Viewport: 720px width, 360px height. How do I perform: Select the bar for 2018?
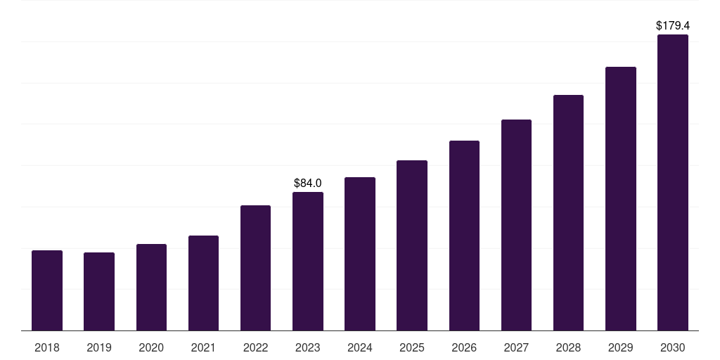(47, 290)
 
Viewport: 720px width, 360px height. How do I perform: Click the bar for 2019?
(99, 292)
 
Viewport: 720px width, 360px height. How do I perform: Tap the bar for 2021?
(203, 283)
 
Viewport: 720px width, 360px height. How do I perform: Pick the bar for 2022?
(255, 268)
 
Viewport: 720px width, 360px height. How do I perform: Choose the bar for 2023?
(308, 262)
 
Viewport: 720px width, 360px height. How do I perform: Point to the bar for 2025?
(412, 245)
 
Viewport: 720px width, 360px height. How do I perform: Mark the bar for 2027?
(516, 225)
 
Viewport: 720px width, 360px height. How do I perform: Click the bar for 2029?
(620, 199)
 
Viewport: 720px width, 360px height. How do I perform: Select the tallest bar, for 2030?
(672, 183)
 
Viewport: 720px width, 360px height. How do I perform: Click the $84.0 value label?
(308, 184)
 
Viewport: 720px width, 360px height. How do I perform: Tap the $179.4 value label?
(672, 26)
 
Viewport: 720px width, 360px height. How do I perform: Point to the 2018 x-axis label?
(47, 348)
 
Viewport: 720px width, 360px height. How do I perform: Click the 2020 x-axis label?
(151, 348)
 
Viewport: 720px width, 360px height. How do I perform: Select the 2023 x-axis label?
(308, 348)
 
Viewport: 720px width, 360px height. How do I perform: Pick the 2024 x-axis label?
(360, 348)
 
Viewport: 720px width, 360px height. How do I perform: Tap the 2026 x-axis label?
(464, 348)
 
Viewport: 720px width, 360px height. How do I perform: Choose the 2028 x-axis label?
(568, 348)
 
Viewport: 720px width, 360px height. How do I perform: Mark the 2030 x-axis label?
(672, 348)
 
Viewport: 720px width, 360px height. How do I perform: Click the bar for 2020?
(151, 288)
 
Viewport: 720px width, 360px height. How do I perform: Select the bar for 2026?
(464, 236)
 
